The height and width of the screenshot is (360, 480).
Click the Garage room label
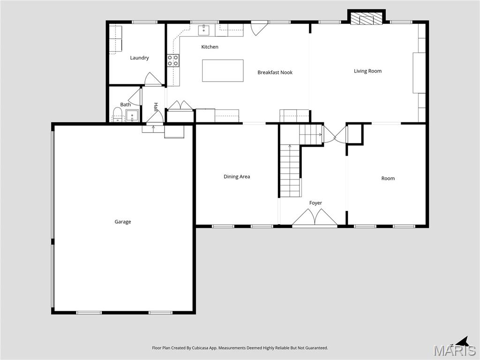point(123,222)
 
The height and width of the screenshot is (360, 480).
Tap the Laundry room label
point(139,58)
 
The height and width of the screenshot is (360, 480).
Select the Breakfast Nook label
point(275,73)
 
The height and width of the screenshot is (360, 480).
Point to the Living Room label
point(367,71)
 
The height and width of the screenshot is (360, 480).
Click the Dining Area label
point(237,177)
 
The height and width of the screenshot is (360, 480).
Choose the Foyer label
point(315,203)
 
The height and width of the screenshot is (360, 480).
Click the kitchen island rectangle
point(223,71)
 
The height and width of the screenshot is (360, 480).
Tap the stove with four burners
point(173,60)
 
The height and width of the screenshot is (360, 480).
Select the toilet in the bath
point(117,114)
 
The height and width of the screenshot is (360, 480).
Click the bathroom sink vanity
point(132,115)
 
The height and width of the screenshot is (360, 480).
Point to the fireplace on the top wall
point(366,18)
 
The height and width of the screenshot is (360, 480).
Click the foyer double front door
point(315,219)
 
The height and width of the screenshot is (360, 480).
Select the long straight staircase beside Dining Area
point(290,171)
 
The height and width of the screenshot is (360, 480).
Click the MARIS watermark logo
point(455,350)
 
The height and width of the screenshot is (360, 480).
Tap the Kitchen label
point(210,47)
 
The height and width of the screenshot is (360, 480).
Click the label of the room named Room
point(388,178)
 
